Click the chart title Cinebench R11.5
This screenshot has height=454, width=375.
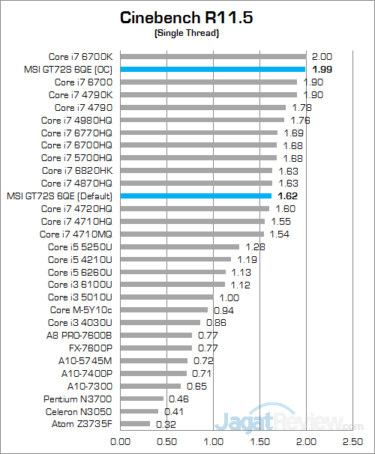[x=187, y=18]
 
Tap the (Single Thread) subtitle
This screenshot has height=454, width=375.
[x=187, y=34]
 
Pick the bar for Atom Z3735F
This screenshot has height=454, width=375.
[x=134, y=424]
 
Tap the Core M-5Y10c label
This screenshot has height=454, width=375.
[x=81, y=309]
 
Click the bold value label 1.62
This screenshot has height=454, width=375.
[x=287, y=196]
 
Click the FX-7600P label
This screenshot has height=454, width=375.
[x=90, y=348]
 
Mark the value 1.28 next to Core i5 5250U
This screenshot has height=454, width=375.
[x=256, y=246]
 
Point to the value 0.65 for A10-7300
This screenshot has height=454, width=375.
[x=196, y=386]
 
